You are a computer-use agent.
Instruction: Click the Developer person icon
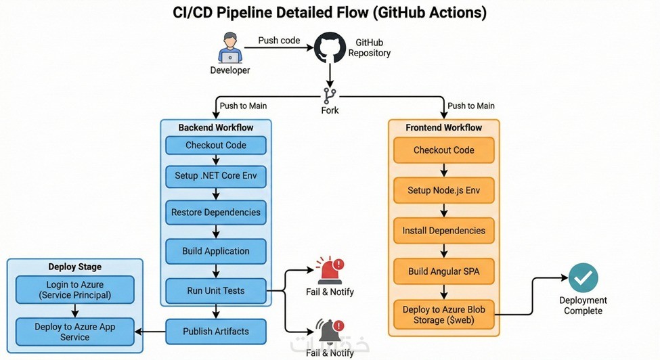pyautogui.click(x=230, y=47)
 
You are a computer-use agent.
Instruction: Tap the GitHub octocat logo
pyautogui.click(x=330, y=47)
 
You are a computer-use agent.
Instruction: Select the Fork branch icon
pyautogui.click(x=330, y=96)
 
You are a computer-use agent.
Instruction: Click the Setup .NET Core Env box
pyautogui.click(x=216, y=176)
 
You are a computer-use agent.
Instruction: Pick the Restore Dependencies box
pyautogui.click(x=216, y=212)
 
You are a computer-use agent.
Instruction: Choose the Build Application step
pyautogui.click(x=216, y=252)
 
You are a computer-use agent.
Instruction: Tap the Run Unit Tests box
pyautogui.click(x=216, y=290)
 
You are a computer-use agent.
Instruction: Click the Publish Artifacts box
pyautogui.click(x=216, y=332)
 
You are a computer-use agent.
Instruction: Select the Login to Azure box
pyautogui.click(x=75, y=290)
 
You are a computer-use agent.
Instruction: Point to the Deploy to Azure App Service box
pyautogui.click(x=75, y=332)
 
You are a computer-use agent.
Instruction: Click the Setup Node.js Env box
pyautogui.click(x=443, y=191)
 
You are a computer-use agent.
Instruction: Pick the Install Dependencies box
pyautogui.click(x=443, y=231)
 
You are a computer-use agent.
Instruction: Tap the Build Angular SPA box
pyautogui.click(x=443, y=271)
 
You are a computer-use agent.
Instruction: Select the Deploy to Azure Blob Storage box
pyautogui.click(x=443, y=315)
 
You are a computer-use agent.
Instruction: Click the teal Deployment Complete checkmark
pyautogui.click(x=583, y=277)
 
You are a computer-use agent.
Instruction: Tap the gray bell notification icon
pyautogui.click(x=330, y=331)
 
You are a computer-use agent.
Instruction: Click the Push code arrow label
pyautogui.click(x=279, y=41)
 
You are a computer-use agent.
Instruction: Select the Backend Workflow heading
pyautogui.click(x=216, y=127)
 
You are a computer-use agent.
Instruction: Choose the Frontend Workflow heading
pyautogui.click(x=443, y=127)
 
